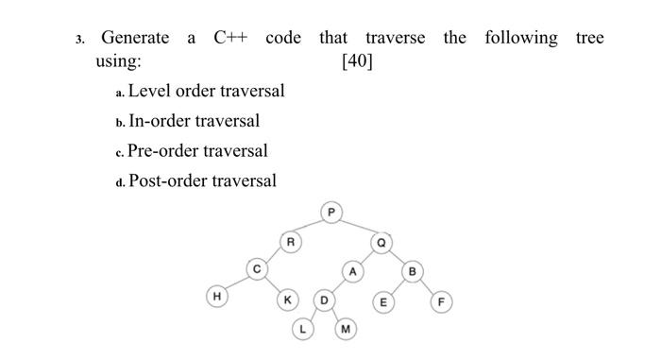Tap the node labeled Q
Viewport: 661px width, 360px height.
pyautogui.click(x=382, y=242)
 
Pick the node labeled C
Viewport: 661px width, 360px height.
pyautogui.click(x=254, y=270)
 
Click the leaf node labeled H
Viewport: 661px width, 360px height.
pyautogui.click(x=217, y=298)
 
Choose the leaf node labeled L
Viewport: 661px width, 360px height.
pyautogui.click(x=302, y=330)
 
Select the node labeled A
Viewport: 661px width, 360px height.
pyautogui.click(x=352, y=271)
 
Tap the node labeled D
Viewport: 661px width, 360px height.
pyautogui.click(x=323, y=301)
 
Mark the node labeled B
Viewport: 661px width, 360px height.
pyautogui.click(x=412, y=272)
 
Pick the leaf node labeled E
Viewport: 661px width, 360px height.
pyautogui.click(x=382, y=302)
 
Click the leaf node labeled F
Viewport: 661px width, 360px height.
pyautogui.click(x=440, y=302)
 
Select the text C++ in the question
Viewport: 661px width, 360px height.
pyautogui.click(x=230, y=38)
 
